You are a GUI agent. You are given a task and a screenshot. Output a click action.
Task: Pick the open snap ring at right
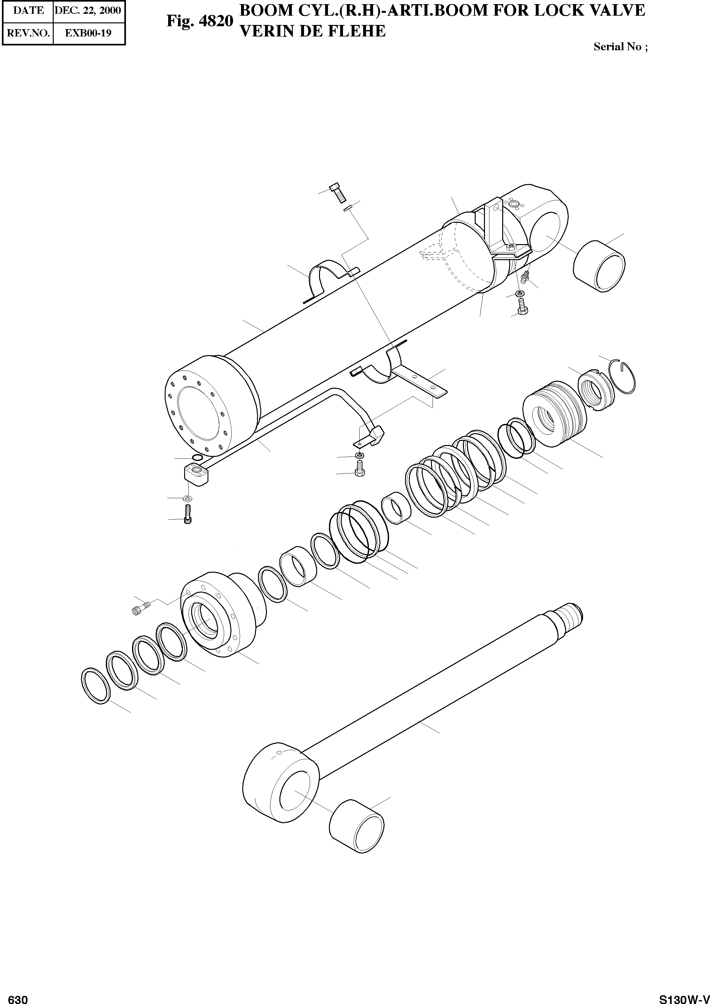pyautogui.click(x=624, y=377)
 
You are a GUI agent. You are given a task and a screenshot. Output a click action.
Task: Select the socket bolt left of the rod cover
pyautogui.click(x=140, y=609)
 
